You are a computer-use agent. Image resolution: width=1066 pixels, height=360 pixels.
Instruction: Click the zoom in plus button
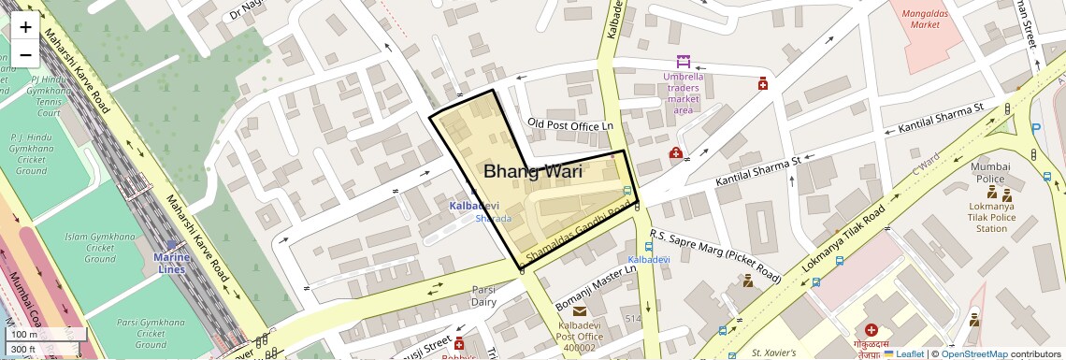point(25,27)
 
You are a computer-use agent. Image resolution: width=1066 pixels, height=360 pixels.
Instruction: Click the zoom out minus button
point(25,54)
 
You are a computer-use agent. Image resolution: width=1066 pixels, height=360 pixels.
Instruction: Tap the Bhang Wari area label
point(532,171)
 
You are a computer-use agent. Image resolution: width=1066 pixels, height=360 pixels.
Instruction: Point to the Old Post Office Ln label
point(569,123)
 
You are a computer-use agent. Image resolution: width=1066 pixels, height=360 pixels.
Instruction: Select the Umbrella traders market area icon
point(684,61)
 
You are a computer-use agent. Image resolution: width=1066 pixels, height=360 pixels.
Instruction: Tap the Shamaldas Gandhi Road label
point(580,228)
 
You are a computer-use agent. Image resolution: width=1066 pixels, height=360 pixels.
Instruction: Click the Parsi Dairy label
point(483,295)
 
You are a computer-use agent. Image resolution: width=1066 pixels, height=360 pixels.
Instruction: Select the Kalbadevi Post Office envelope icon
point(580,310)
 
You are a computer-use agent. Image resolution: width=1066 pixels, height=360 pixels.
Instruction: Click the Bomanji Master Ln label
point(596,287)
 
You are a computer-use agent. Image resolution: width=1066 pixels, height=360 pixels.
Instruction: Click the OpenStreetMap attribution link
point(973,353)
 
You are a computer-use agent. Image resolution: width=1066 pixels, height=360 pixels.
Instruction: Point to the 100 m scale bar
point(36,335)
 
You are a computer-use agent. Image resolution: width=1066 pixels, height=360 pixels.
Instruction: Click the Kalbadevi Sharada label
point(474,211)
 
